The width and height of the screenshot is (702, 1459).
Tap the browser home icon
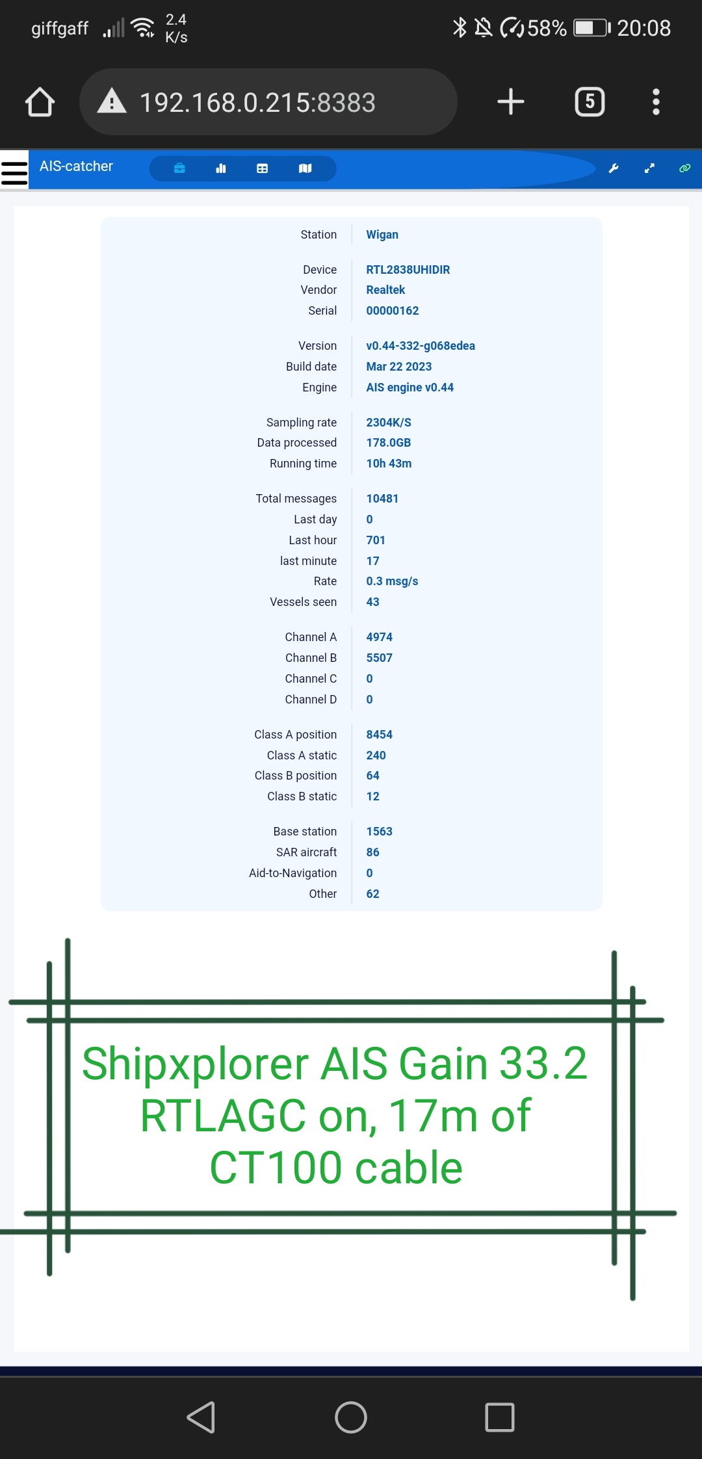pyautogui.click(x=40, y=102)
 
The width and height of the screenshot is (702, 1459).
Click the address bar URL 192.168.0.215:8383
pyautogui.click(x=257, y=103)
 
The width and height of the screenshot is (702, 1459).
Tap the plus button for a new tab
pyautogui.click(x=511, y=102)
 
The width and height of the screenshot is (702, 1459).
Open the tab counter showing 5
pyautogui.click(x=590, y=102)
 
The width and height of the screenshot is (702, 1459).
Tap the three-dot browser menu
pyautogui.click(x=656, y=102)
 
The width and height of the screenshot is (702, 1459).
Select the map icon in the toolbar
pyautogui.click(x=305, y=168)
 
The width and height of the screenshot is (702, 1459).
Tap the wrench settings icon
pyautogui.click(x=613, y=168)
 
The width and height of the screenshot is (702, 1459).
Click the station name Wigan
pyautogui.click(x=382, y=235)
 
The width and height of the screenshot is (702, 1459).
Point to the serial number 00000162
pyautogui.click(x=393, y=311)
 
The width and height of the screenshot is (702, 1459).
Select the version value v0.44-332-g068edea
pyautogui.click(x=421, y=346)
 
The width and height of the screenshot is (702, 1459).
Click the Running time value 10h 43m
pyautogui.click(x=389, y=464)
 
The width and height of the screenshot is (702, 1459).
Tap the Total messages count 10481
pyautogui.click(x=382, y=499)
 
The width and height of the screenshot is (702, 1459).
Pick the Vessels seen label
pyautogui.click(x=304, y=602)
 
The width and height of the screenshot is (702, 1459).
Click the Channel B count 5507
pyautogui.click(x=380, y=658)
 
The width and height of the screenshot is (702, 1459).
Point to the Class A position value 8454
pyautogui.click(x=380, y=735)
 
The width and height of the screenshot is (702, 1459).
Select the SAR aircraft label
pyautogui.click(x=306, y=852)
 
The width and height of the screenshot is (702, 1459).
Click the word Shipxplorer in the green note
pyautogui.click(x=195, y=1065)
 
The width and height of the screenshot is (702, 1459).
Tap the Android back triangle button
pyautogui.click(x=201, y=1417)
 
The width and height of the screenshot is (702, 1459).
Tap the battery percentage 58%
pyautogui.click(x=547, y=28)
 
